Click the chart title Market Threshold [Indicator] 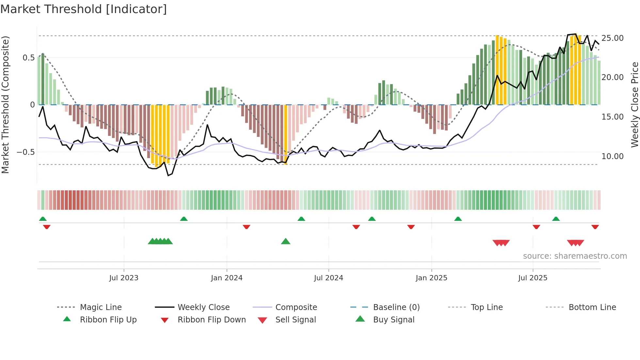(x=84, y=9)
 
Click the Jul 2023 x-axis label (x=124, y=278)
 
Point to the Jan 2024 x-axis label (x=227, y=278)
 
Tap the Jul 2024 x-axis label (x=328, y=278)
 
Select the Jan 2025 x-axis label (x=431, y=278)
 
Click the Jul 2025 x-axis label (x=533, y=278)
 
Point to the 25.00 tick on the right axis (x=613, y=38)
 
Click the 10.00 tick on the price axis (x=613, y=156)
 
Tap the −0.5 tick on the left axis (x=26, y=152)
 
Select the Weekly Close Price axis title (x=634, y=105)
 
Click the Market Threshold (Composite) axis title (x=5, y=105)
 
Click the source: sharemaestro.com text (x=575, y=256)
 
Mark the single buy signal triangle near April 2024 (x=286, y=241)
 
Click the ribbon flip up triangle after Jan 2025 (x=458, y=219)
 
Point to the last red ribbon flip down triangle (x=595, y=227)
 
